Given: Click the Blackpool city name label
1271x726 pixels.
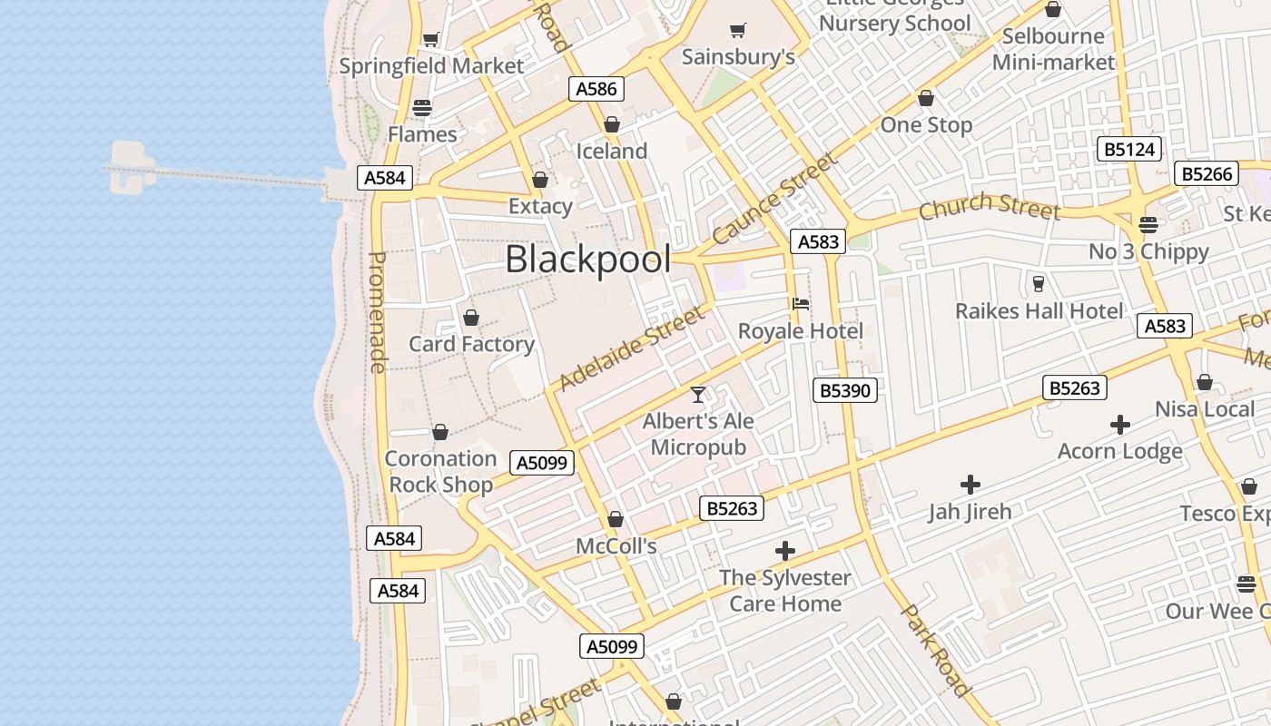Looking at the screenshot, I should pyautogui.click(x=588, y=260).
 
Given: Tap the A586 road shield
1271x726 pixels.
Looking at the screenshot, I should pyautogui.click(x=596, y=89).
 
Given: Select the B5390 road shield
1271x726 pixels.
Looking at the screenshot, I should pyautogui.click(x=844, y=390).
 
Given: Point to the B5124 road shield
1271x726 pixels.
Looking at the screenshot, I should pyautogui.click(x=1129, y=149).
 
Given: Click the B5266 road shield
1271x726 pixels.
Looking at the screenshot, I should pyautogui.click(x=1207, y=173).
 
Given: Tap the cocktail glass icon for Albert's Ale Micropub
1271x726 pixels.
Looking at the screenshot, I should pyautogui.click(x=698, y=395).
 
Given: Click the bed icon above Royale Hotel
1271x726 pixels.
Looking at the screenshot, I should pyautogui.click(x=801, y=304).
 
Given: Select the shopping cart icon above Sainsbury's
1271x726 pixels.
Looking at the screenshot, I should pyautogui.click(x=738, y=30).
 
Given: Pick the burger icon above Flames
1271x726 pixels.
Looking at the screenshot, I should pyautogui.click(x=422, y=107).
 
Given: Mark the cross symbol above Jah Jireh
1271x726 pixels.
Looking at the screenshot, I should pyautogui.click(x=970, y=485).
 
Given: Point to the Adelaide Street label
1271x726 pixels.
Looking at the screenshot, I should pyautogui.click(x=631, y=348).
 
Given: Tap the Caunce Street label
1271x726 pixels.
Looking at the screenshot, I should pyautogui.click(x=774, y=199).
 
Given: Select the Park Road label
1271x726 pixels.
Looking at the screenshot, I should pyautogui.click(x=936, y=651).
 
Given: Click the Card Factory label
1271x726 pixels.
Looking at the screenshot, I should pyautogui.click(x=471, y=344).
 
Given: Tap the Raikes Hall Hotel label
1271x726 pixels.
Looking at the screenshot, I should pyautogui.click(x=1039, y=311).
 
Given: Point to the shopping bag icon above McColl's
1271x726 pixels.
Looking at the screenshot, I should pyautogui.click(x=616, y=519).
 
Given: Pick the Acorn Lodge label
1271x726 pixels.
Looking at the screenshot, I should pyautogui.click(x=1119, y=451).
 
